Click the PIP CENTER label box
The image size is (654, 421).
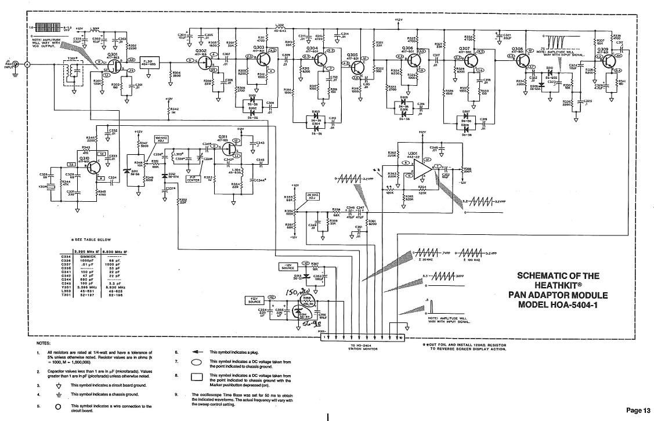tap(193, 179)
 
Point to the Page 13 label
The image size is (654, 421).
tap(637, 410)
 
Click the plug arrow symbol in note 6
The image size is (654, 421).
tap(196, 352)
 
